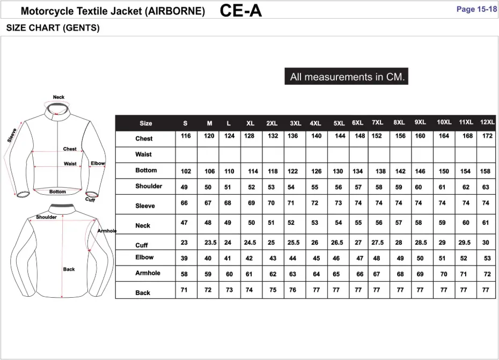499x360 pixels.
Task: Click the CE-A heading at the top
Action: (x=241, y=10)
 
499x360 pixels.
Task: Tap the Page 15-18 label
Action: (x=476, y=9)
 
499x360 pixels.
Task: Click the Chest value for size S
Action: (x=186, y=136)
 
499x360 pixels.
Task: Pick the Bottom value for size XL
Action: (x=253, y=171)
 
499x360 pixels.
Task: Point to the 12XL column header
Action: (x=487, y=122)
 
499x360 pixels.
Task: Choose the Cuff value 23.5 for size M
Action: (x=210, y=243)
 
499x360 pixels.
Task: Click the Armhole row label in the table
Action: (x=148, y=273)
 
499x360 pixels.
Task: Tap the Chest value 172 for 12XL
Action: (x=487, y=136)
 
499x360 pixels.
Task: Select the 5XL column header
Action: (x=339, y=123)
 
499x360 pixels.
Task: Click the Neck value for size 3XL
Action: (x=291, y=223)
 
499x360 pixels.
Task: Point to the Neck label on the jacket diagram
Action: (x=58, y=97)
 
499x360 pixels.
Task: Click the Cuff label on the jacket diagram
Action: (x=90, y=200)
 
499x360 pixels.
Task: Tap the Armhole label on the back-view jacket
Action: (x=107, y=231)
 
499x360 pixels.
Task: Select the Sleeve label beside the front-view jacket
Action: (x=12, y=135)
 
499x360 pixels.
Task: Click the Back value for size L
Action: (x=229, y=290)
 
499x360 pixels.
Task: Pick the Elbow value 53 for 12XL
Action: (x=487, y=259)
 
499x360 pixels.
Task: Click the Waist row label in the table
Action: (x=143, y=155)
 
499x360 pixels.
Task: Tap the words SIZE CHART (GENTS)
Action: (x=53, y=28)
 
